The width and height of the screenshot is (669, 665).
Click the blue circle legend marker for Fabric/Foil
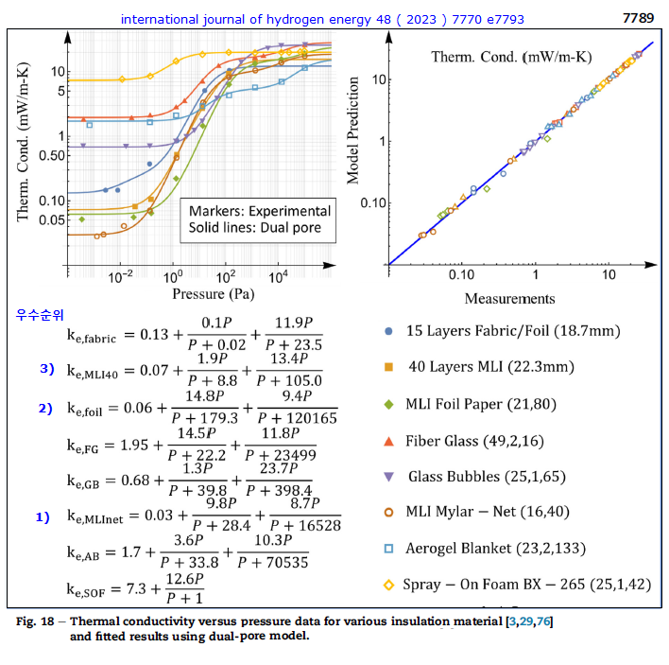coord(389,331)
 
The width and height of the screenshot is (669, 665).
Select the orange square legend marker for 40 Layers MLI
coord(389,367)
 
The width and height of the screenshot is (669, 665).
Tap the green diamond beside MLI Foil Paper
coord(389,404)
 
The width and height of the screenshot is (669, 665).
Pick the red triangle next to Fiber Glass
coord(389,440)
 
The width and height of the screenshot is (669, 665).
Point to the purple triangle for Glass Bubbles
coord(389,476)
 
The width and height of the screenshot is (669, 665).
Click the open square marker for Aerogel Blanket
coord(389,549)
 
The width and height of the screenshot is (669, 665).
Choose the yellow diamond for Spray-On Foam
coord(389,585)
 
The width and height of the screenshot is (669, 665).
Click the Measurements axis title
coord(509,299)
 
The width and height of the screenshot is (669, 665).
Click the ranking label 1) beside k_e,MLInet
coord(43,517)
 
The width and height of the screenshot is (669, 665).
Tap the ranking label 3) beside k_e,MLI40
coord(46,369)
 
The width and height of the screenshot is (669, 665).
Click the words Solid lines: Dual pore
coord(254,227)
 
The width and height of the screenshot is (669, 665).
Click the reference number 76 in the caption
coord(556,621)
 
